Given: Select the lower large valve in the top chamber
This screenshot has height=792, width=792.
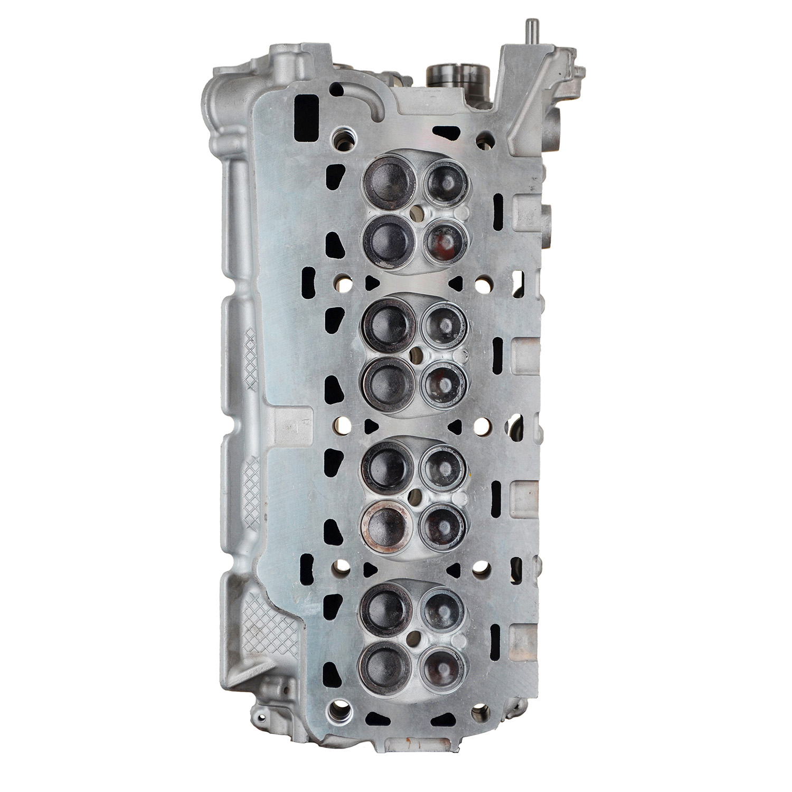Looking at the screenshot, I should point(386,240).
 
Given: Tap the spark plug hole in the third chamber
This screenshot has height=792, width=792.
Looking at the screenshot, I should point(417,494).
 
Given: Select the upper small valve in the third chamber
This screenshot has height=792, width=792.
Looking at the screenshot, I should point(442,467).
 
